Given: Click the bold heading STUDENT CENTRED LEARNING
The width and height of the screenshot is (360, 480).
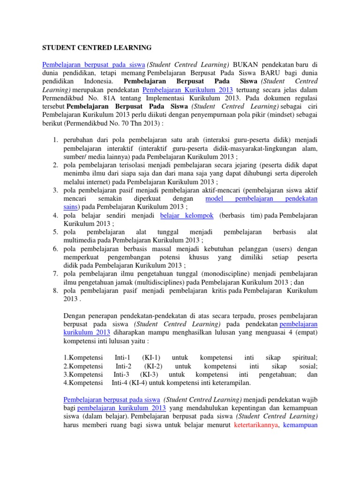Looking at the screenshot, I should click(x=97, y=47).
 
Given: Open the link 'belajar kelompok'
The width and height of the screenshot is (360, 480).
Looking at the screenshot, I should click(x=187, y=215).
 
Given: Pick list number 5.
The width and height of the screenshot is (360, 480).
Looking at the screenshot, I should click(x=54, y=232).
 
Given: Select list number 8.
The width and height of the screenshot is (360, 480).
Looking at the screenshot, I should click(x=54, y=291).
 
